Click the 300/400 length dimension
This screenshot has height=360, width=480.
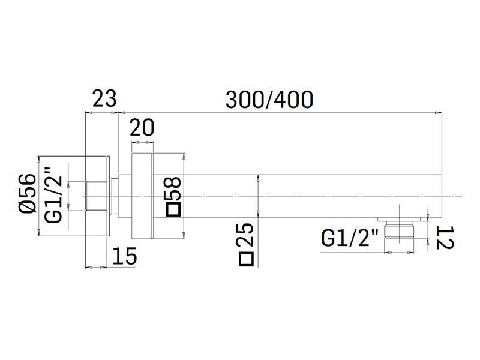point(269,100)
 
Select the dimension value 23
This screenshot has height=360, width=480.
point(104,98)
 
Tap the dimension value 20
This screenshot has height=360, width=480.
point(142,128)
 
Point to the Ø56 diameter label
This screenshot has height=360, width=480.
point(28,193)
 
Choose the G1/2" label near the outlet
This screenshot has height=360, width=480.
point(350,238)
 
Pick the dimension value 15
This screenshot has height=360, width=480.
point(125,256)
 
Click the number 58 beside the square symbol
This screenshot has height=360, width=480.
point(173,188)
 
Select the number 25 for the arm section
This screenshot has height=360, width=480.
point(245,235)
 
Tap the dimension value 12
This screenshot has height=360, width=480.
point(445,238)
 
